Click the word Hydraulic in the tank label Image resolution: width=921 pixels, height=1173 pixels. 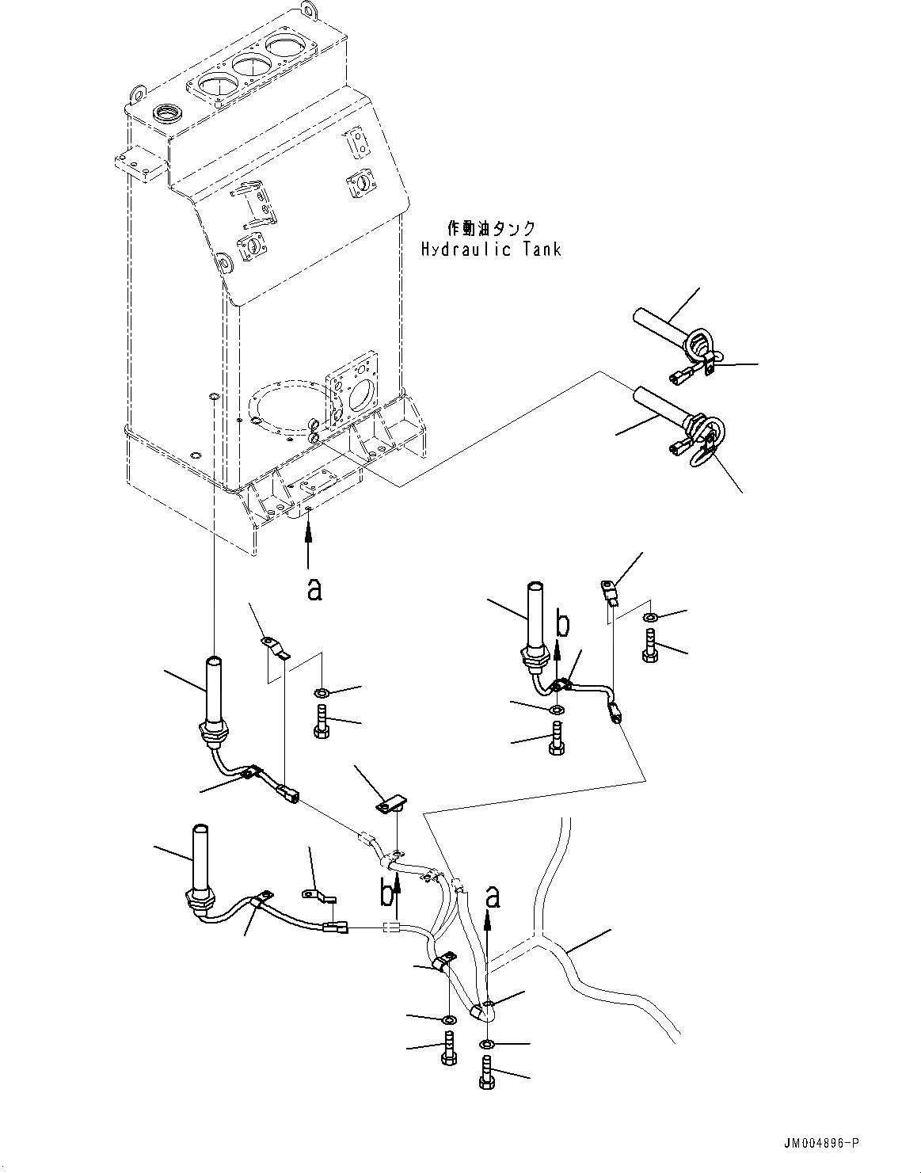tap(466, 250)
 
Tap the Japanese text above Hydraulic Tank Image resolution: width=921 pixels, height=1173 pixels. tap(491, 228)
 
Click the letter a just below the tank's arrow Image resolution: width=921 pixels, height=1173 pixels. tap(314, 589)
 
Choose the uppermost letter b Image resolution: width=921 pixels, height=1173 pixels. tap(563, 625)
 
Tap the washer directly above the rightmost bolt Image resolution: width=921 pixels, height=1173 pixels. tap(649, 616)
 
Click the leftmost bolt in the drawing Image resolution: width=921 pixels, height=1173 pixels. tap(322, 722)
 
